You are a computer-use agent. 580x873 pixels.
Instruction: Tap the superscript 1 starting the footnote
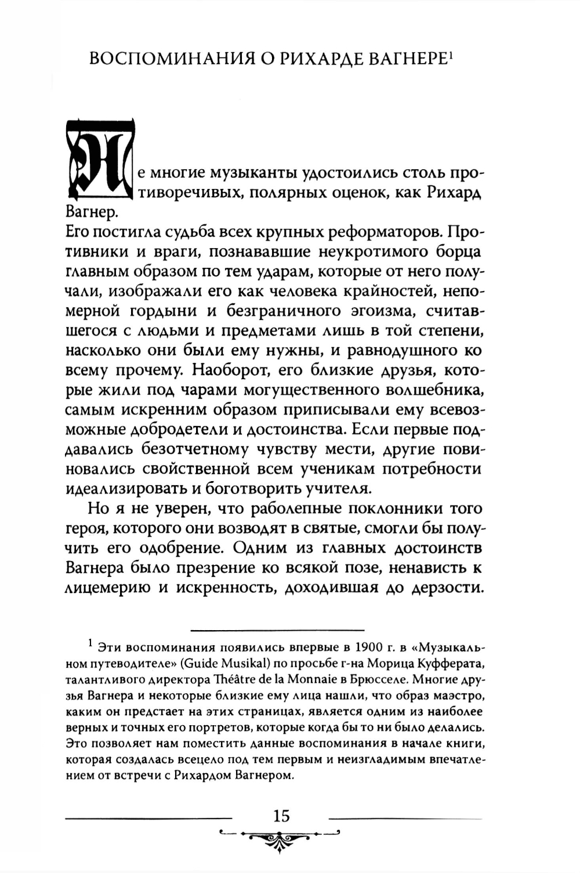(x=90, y=643)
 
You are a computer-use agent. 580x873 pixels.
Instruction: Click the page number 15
(x=281, y=816)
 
